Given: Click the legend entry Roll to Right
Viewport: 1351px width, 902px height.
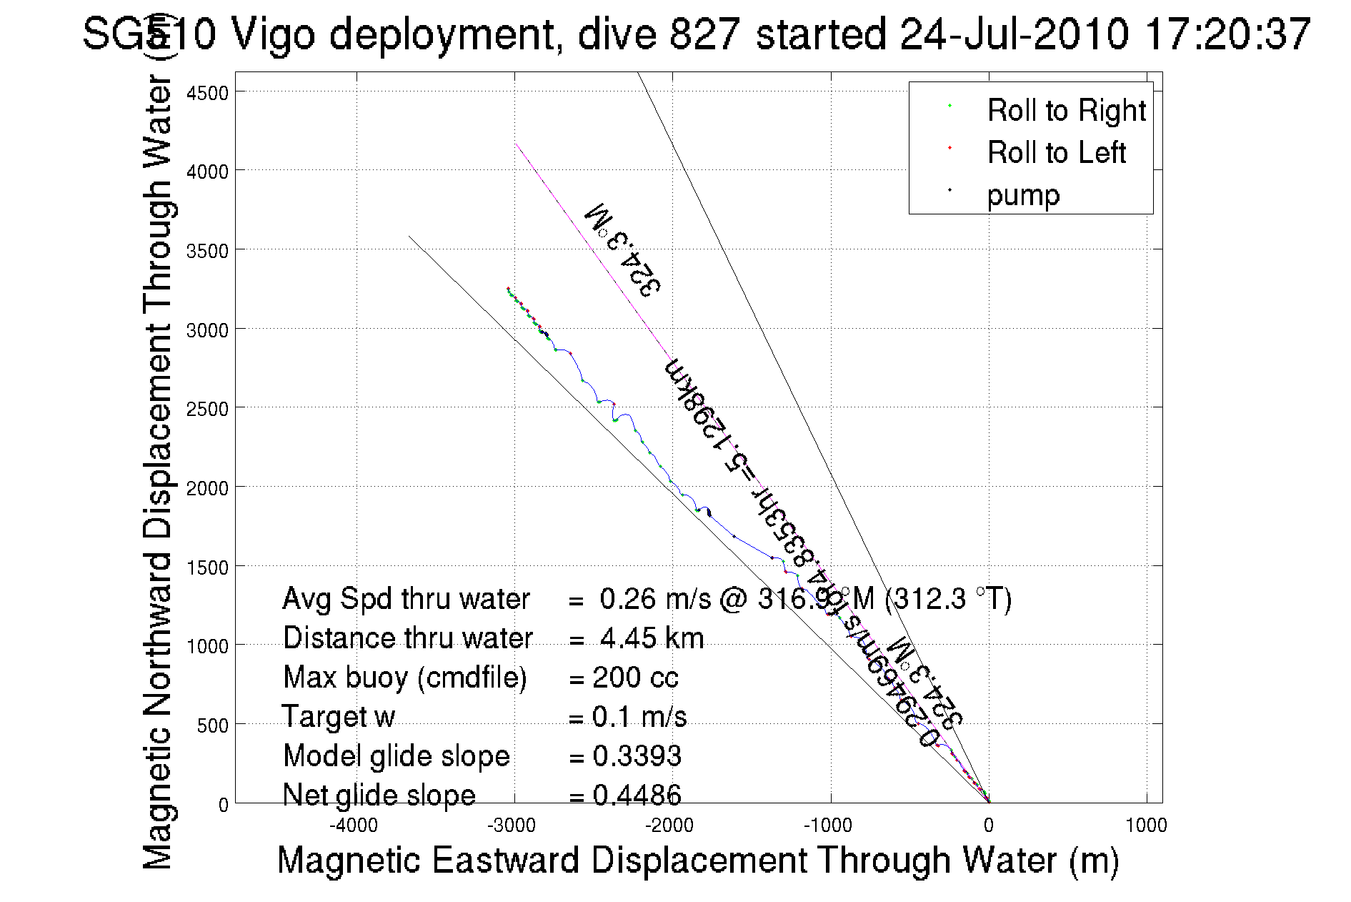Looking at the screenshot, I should pyautogui.click(x=1065, y=111).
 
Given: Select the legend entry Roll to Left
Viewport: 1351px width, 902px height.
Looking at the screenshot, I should pyautogui.click(x=1056, y=153).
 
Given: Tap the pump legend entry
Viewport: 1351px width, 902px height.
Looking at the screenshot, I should pyautogui.click(x=1023, y=195).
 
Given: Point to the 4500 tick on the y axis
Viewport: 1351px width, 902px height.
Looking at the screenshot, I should pyautogui.click(x=207, y=93).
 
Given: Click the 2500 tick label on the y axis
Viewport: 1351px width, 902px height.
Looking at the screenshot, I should pyautogui.click(x=207, y=409).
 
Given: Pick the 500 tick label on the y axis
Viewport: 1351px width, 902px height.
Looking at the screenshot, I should pyautogui.click(x=212, y=725).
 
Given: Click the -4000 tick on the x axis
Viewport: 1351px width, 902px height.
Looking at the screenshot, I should pyautogui.click(x=354, y=826).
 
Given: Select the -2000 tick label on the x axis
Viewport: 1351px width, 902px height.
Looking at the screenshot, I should pyautogui.click(x=669, y=826).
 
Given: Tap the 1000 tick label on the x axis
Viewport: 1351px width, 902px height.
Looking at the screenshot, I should pyautogui.click(x=1146, y=826).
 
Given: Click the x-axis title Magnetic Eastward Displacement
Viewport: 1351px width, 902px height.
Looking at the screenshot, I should pyautogui.click(x=697, y=860).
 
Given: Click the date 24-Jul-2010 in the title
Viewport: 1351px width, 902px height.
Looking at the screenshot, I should pyautogui.click(x=1014, y=34).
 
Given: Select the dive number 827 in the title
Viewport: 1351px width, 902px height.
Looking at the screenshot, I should pyautogui.click(x=703, y=34).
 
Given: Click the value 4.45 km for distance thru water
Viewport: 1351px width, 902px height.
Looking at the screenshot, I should pyautogui.click(x=652, y=638).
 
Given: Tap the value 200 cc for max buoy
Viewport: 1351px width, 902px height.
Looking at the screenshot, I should pyautogui.click(x=635, y=678).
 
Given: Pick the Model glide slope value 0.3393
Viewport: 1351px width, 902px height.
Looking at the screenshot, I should pyautogui.click(x=637, y=756).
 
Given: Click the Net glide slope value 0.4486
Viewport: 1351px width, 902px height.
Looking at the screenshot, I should pyautogui.click(x=637, y=795).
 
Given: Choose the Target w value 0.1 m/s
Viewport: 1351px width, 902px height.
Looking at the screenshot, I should pyautogui.click(x=639, y=717).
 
